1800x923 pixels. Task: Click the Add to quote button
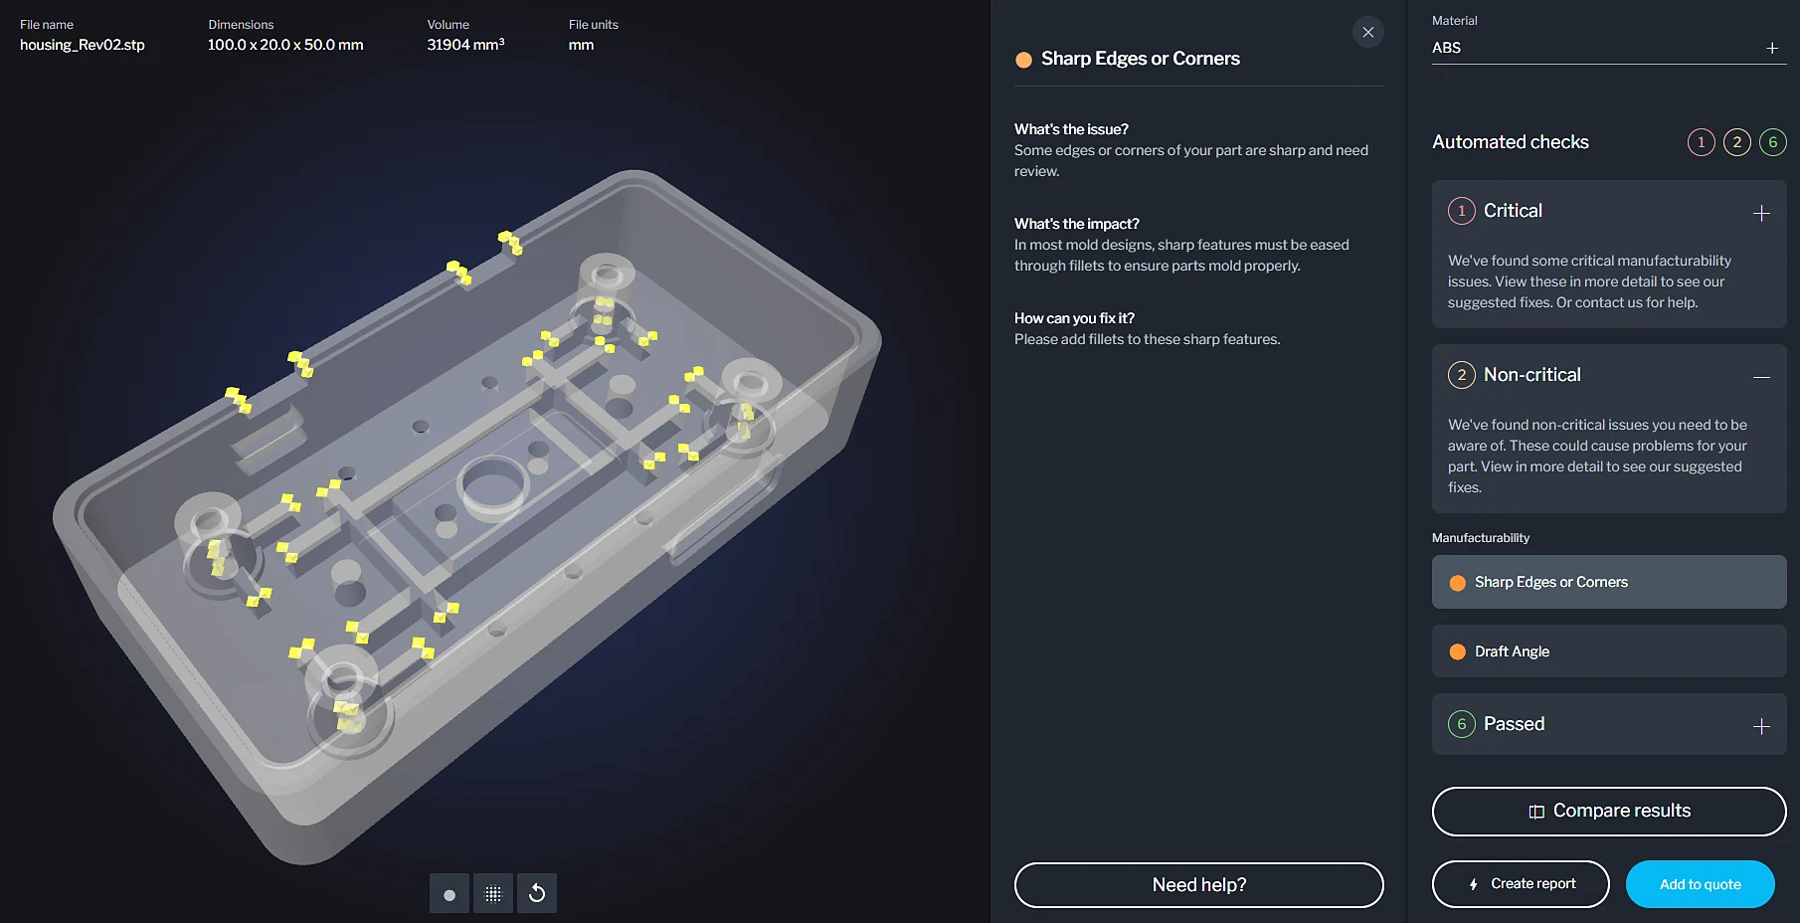tap(1700, 884)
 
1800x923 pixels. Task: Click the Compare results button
tap(1609, 812)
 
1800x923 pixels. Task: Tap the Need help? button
tap(1198, 885)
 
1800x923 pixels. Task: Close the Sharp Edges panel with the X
tap(1368, 32)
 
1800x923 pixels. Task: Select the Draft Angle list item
tap(1609, 651)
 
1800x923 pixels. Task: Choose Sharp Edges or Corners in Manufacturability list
tap(1609, 582)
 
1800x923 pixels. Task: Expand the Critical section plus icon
tap(1761, 213)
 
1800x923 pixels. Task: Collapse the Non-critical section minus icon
tap(1761, 377)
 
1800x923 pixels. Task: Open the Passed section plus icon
tap(1761, 726)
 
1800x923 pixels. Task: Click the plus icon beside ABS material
tap(1772, 48)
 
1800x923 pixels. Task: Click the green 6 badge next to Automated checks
tap(1772, 142)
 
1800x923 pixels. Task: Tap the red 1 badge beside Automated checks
tap(1701, 142)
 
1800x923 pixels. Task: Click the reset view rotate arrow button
tap(537, 893)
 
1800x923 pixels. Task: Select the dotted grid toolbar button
tap(493, 893)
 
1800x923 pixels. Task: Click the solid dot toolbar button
tap(450, 893)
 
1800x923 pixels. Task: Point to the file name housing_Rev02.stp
tap(83, 45)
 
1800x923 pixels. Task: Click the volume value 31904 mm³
tap(465, 45)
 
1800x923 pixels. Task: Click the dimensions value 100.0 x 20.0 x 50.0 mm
tap(285, 45)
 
